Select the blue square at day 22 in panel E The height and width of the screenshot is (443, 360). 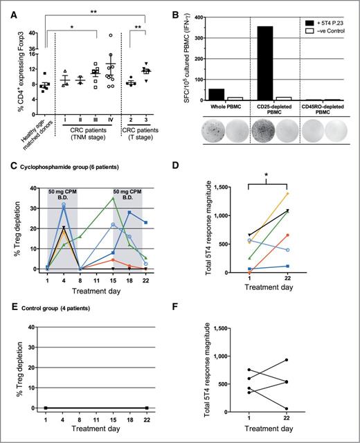pos(147,408)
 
